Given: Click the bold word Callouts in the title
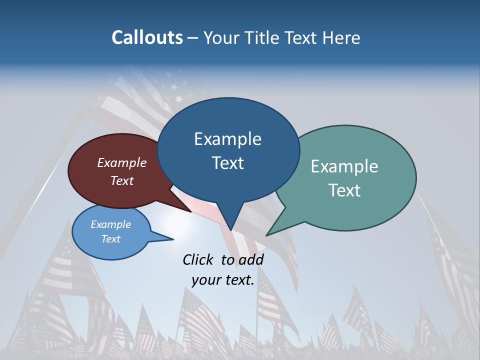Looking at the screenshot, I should pyautogui.click(x=147, y=37).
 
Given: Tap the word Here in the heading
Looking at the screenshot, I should pyautogui.click(x=341, y=37).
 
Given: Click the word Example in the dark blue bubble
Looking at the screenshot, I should pyautogui.click(x=227, y=139).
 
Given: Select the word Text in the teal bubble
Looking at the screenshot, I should pyautogui.click(x=345, y=190).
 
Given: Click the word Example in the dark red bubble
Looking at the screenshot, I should pyautogui.click(x=122, y=163).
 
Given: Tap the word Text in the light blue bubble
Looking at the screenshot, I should pyautogui.click(x=111, y=239).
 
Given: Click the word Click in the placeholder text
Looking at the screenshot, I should pyautogui.click(x=198, y=259).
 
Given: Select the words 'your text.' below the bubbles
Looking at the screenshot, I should pyautogui.click(x=223, y=280).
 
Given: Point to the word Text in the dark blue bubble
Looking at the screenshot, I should pyautogui.click(x=228, y=163).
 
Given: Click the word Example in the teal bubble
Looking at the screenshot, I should pyautogui.click(x=344, y=166).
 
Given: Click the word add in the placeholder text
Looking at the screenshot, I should pyautogui.click(x=250, y=259).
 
